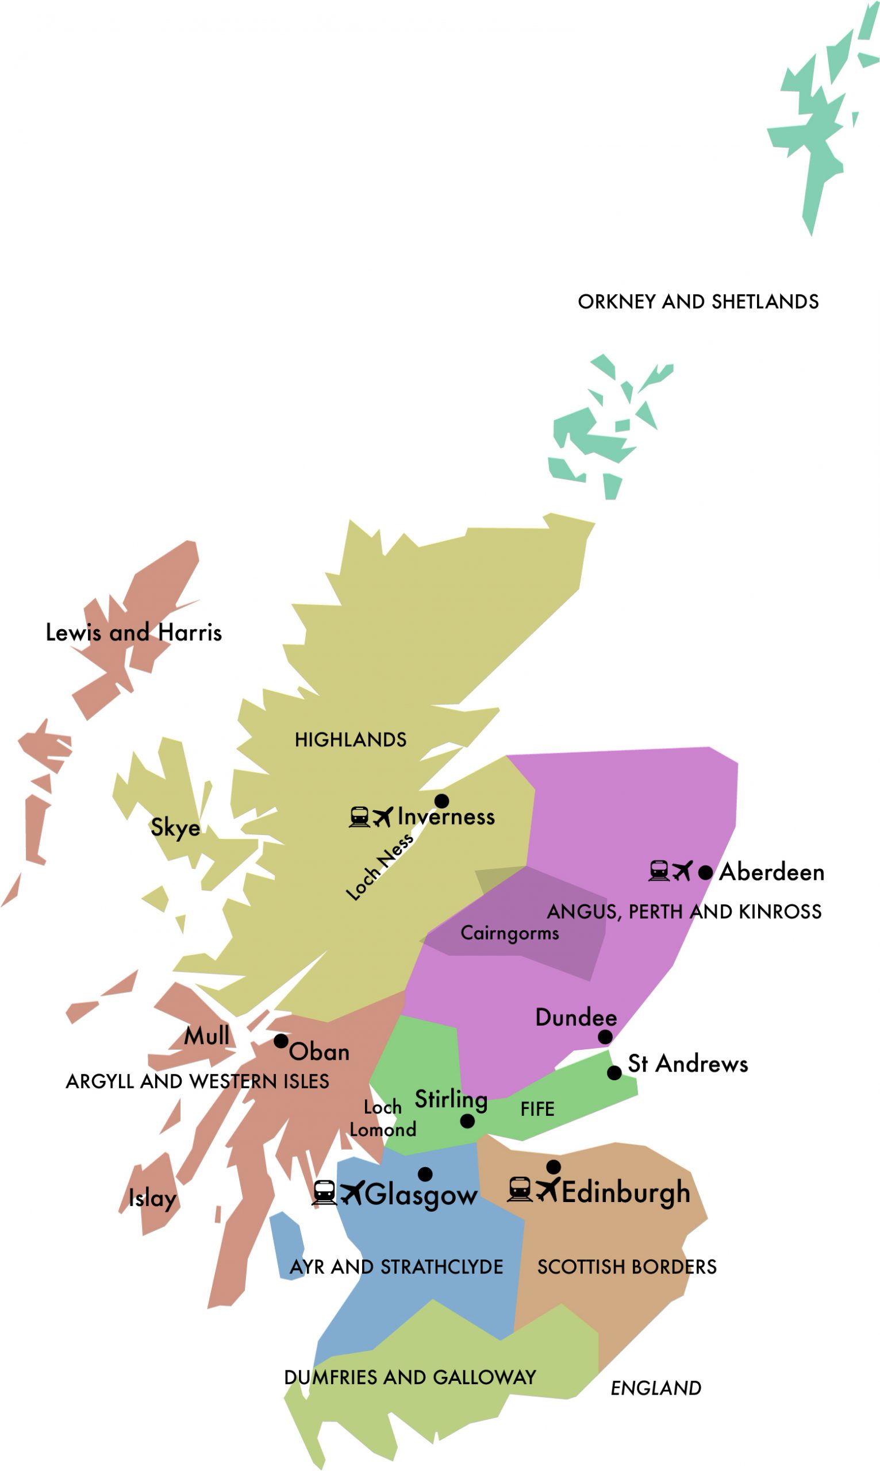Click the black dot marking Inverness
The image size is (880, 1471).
[x=441, y=801]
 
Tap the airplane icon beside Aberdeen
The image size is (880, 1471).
[x=682, y=871]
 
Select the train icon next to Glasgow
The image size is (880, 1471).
[x=324, y=1192]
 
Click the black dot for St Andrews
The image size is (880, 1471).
[x=614, y=1073]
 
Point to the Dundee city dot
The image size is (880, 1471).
[x=605, y=1037]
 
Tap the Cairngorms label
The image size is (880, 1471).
[x=509, y=933]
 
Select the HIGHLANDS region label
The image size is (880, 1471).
[x=351, y=740]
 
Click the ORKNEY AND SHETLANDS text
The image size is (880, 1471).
[x=698, y=302]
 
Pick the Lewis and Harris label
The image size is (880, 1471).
[x=133, y=633]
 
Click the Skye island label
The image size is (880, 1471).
[x=175, y=827]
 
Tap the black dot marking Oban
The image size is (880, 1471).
[x=281, y=1041]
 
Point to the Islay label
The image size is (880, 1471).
[x=152, y=1198]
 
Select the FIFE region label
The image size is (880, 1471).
[x=537, y=1109]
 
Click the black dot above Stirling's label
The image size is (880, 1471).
[x=467, y=1121]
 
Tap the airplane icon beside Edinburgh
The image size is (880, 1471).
[x=548, y=1189]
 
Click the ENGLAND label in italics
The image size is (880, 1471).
[x=656, y=1388]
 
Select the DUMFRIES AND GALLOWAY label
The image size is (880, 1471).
[x=410, y=1377]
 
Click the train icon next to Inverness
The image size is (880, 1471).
[x=359, y=817]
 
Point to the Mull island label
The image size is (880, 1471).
[x=206, y=1036]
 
